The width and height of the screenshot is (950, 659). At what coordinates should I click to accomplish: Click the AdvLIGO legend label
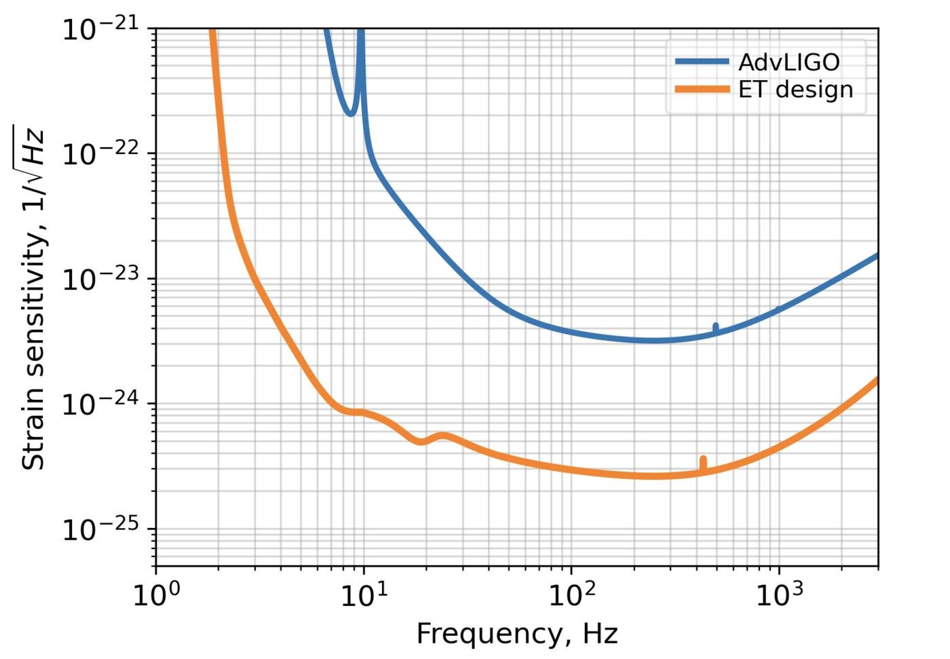tap(788, 62)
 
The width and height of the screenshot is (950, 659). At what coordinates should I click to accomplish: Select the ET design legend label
tap(795, 90)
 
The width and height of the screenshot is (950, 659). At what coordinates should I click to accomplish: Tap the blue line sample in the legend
tap(702, 62)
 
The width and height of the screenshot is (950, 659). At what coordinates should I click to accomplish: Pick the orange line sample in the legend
tap(702, 90)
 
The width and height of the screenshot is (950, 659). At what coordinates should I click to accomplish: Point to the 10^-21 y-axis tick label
tap(100, 29)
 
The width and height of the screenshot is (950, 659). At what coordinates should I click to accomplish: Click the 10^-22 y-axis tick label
tap(100, 154)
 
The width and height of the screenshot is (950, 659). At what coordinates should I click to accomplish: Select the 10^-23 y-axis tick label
tap(100, 279)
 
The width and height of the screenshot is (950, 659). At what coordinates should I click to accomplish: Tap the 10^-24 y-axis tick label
tap(100, 404)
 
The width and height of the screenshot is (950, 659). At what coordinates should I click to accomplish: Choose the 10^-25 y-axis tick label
tap(100, 529)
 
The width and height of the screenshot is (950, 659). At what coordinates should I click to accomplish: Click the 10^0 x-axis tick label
tap(157, 595)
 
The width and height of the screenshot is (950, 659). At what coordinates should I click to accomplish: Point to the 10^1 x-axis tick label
tap(364, 595)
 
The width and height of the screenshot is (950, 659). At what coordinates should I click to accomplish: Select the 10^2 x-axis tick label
tap(572, 595)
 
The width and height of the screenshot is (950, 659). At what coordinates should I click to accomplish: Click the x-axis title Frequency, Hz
tap(517, 634)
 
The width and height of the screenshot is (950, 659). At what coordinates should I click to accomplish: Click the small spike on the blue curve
tap(715, 328)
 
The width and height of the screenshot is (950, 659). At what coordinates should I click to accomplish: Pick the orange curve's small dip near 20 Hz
tap(421, 441)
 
